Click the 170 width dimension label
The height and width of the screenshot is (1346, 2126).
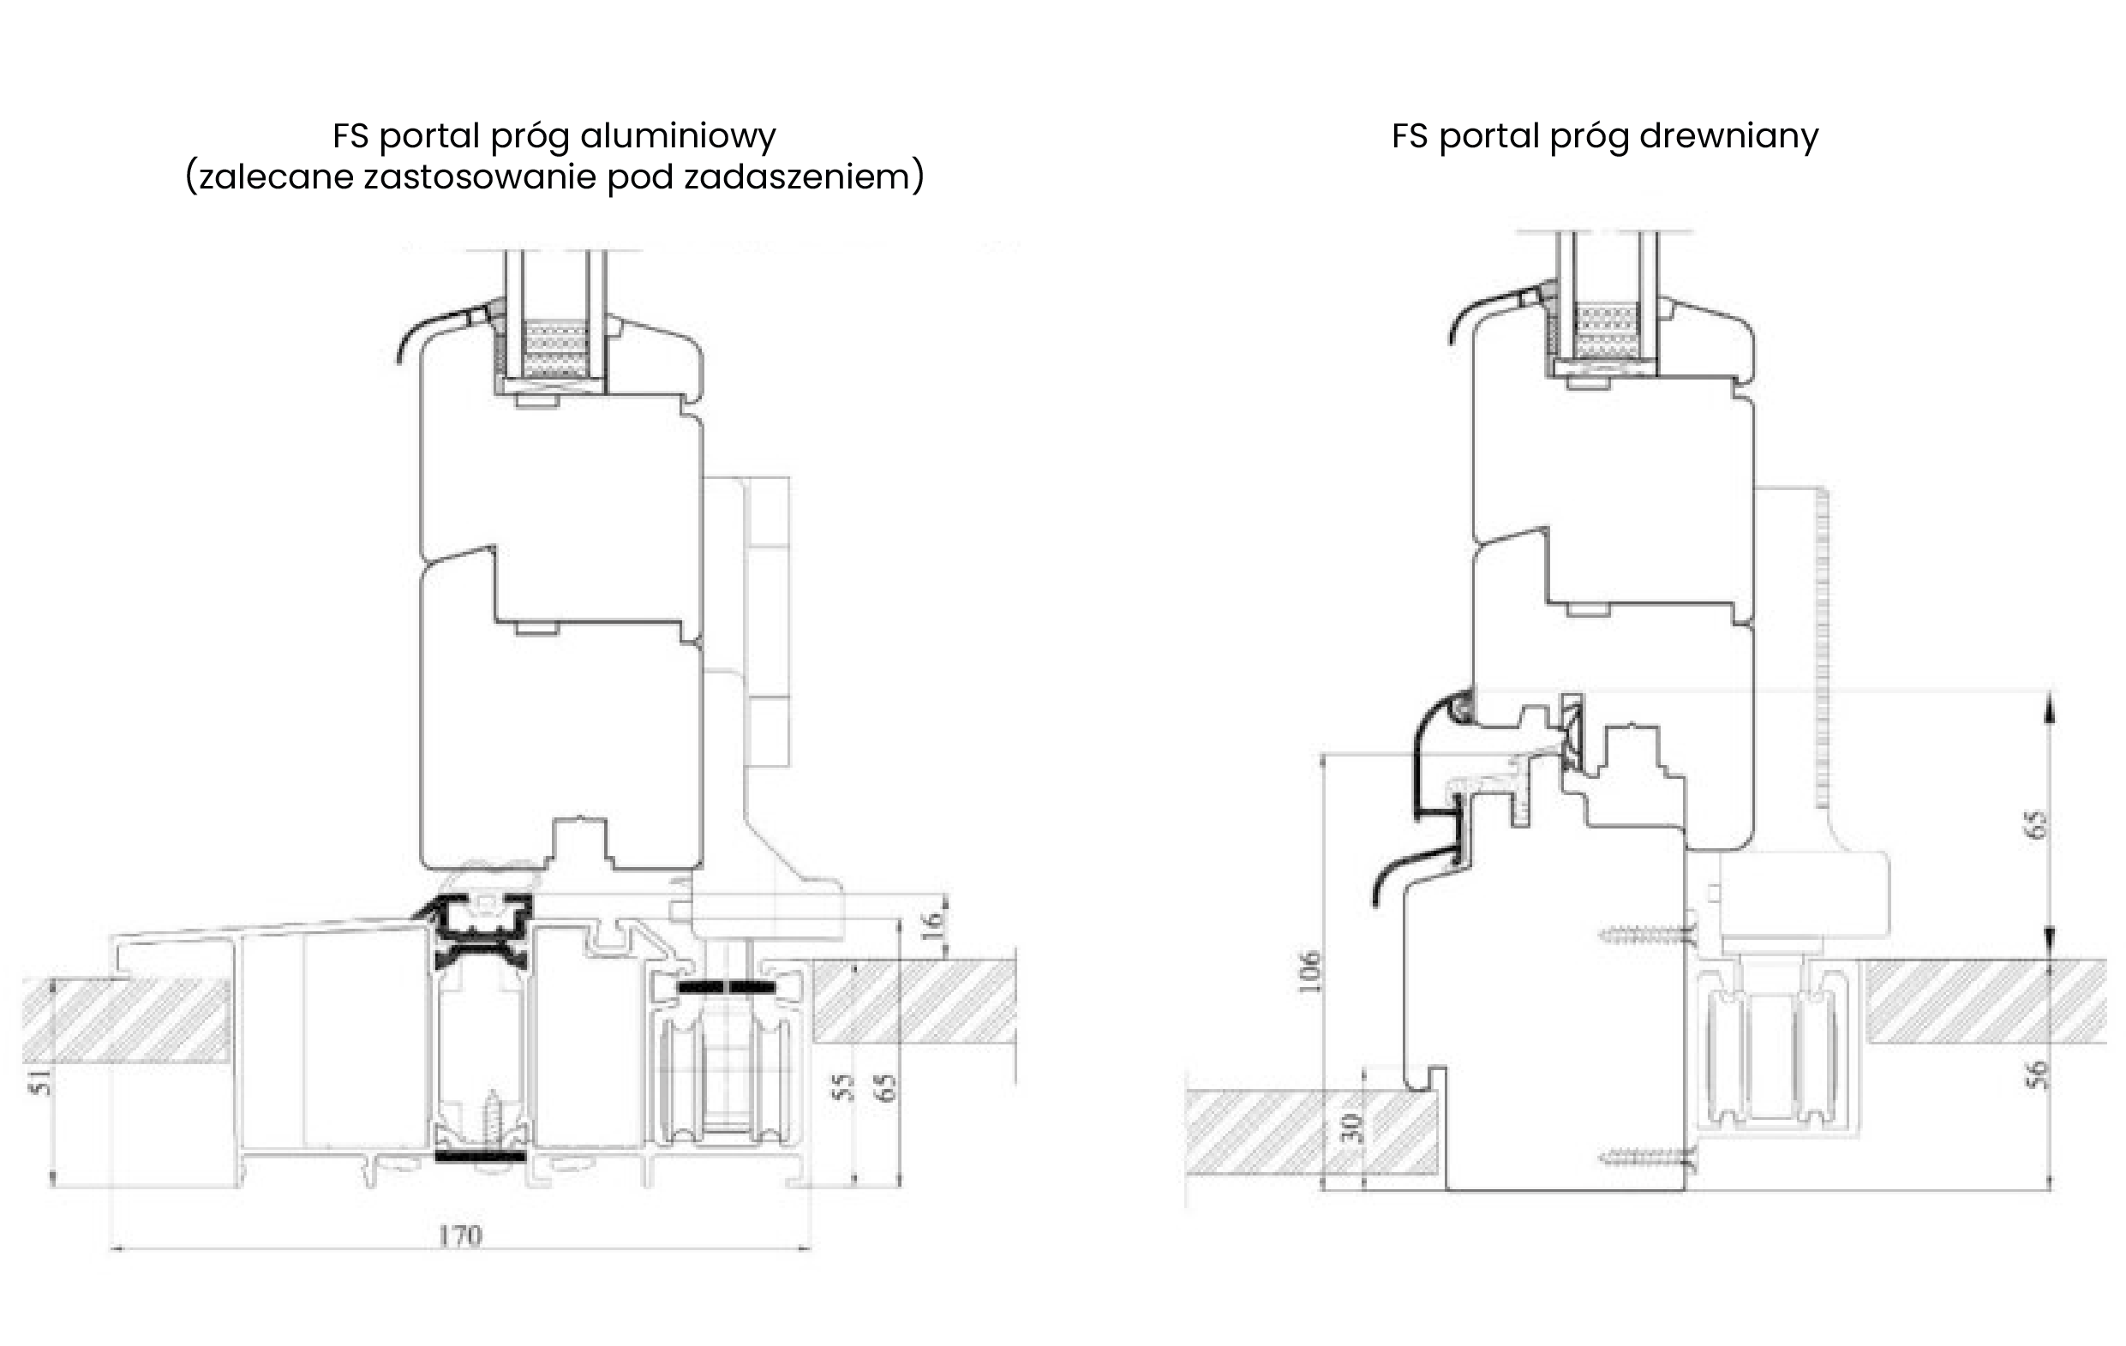click(460, 1235)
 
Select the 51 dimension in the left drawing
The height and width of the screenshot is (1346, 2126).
click(40, 1081)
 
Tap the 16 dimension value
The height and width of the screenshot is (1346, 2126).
click(932, 925)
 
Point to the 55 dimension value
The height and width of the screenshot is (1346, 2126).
click(844, 1086)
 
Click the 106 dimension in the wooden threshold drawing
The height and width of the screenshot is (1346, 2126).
click(1309, 971)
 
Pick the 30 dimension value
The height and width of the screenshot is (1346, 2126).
click(1350, 1128)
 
